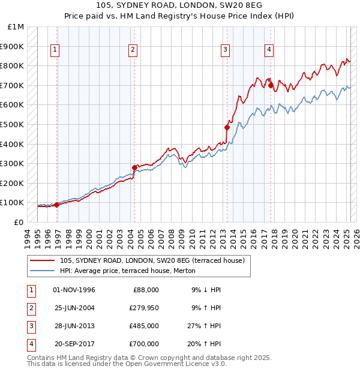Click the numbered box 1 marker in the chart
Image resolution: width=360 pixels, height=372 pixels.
pos(55,50)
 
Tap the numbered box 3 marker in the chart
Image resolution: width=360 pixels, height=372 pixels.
pos(225,50)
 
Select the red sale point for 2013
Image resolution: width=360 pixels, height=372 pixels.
pos(227,127)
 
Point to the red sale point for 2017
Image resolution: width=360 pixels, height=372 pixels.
pos(271,85)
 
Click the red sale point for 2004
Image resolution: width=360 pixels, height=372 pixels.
pos(134,167)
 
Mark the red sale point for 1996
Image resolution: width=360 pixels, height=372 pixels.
pos(57,205)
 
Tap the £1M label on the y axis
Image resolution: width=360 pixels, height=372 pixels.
pos(16,27)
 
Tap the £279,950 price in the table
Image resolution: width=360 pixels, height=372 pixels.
pos(144,308)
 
